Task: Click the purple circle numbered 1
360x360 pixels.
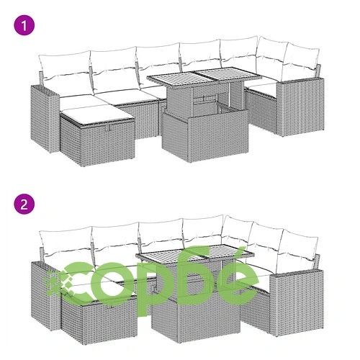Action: [x=24, y=25]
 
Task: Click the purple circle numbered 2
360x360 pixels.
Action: [x=24, y=204]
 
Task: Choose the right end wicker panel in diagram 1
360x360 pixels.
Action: [x=300, y=107]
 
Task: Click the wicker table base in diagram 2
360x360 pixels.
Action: [x=196, y=312]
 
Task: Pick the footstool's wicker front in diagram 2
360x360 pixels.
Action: [x=110, y=323]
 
